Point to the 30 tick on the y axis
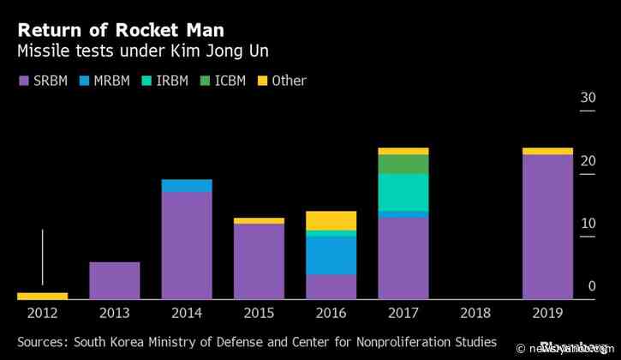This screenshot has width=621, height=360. [x=588, y=99]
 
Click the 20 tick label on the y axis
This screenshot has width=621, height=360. [x=588, y=161]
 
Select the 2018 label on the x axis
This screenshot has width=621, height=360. [x=475, y=314]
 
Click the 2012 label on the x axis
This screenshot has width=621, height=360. [x=42, y=314]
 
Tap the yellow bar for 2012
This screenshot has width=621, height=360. [x=42, y=296]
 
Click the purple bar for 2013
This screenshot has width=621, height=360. [x=114, y=280]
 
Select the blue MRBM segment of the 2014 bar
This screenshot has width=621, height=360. [x=187, y=186]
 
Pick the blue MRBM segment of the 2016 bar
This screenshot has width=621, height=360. [x=331, y=255]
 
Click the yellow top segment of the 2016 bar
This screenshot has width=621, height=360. [x=331, y=220]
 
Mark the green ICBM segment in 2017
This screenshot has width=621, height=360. [x=403, y=164]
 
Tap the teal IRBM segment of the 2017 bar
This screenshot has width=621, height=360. [x=403, y=191]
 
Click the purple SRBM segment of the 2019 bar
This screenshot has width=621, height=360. [x=546, y=227]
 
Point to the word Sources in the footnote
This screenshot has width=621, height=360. [x=43, y=342]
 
